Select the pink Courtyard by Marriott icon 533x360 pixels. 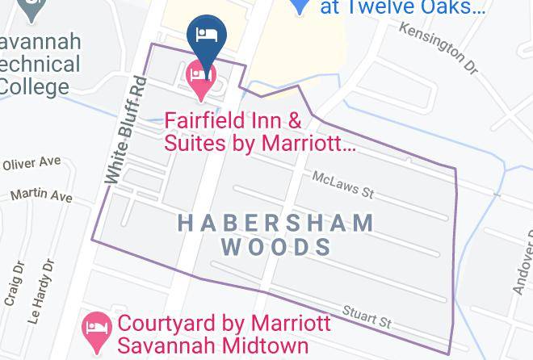pos(97,327)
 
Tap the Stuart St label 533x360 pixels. pos(367,316)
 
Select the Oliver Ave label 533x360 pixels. pos(31,164)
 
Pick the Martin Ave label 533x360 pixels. pos(41,195)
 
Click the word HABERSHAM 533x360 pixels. pos(275,222)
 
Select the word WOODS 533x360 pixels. pos(276,246)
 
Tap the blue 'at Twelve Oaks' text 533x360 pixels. pos(403,8)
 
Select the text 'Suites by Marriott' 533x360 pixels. pos(259,144)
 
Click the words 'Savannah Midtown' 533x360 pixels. pos(213,345)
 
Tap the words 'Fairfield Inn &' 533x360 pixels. pos(233,122)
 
